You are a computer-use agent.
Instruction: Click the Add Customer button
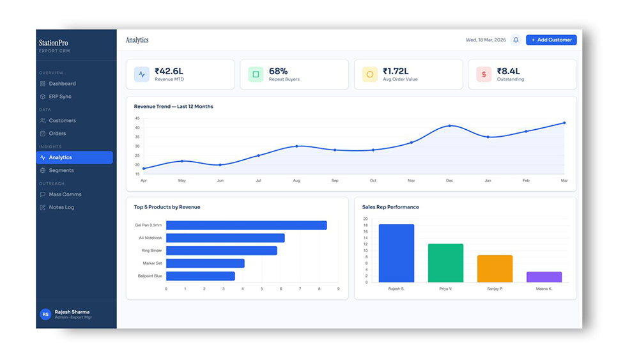551,40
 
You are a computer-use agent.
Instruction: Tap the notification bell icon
516,40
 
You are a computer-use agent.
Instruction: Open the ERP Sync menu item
60,97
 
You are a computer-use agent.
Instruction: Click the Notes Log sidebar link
61,207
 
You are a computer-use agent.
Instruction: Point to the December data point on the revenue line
450,126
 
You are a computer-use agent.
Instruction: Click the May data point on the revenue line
182,161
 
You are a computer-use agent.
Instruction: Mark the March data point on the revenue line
564,123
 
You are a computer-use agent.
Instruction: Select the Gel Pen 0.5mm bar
246,225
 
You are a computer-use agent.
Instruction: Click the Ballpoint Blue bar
200,276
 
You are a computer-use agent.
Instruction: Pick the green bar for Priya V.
445,263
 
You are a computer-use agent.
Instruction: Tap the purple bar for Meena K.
544,277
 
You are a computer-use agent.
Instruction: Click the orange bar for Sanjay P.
495,269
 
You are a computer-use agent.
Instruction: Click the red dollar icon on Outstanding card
484,74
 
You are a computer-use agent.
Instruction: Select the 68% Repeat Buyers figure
278,71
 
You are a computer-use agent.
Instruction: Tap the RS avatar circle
45,314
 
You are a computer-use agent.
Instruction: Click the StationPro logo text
53,43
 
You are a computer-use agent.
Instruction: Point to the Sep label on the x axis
335,181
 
